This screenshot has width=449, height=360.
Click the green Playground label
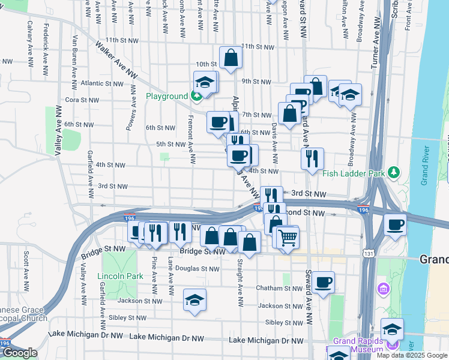[167, 97]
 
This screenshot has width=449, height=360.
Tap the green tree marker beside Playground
[196, 96]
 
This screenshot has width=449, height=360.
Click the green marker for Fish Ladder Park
[394, 173]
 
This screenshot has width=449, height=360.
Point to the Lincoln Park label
[120, 276]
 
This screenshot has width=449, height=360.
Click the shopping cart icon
[288, 238]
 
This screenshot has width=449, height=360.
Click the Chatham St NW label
[279, 289]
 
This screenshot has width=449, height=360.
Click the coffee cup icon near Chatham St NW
[323, 282]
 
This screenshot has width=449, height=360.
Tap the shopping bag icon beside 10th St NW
[231, 58]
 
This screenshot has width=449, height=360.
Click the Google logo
[20, 353]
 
